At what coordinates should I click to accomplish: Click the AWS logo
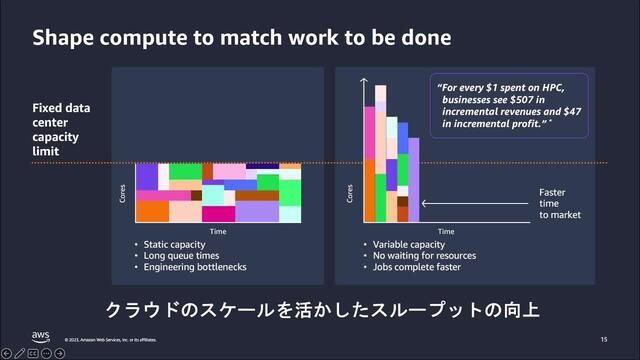tap(40, 336)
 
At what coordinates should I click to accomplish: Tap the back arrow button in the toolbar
tap(7, 353)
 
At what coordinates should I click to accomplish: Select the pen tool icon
tap(20, 353)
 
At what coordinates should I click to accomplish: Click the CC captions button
tap(33, 353)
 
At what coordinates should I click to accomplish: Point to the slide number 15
tap(604, 338)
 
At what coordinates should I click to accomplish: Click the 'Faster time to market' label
tap(559, 203)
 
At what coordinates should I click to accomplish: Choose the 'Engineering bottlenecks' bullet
tap(196, 267)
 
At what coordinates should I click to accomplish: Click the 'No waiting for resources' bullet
tap(424, 255)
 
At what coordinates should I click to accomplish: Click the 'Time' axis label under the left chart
tap(217, 231)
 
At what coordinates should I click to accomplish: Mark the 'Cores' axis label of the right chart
tap(349, 194)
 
